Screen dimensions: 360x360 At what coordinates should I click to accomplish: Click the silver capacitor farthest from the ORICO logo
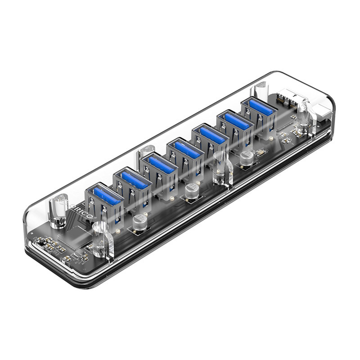[246, 157]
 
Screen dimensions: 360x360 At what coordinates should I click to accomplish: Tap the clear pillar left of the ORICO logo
[58, 211]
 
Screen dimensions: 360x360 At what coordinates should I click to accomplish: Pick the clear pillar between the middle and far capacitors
[220, 169]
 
